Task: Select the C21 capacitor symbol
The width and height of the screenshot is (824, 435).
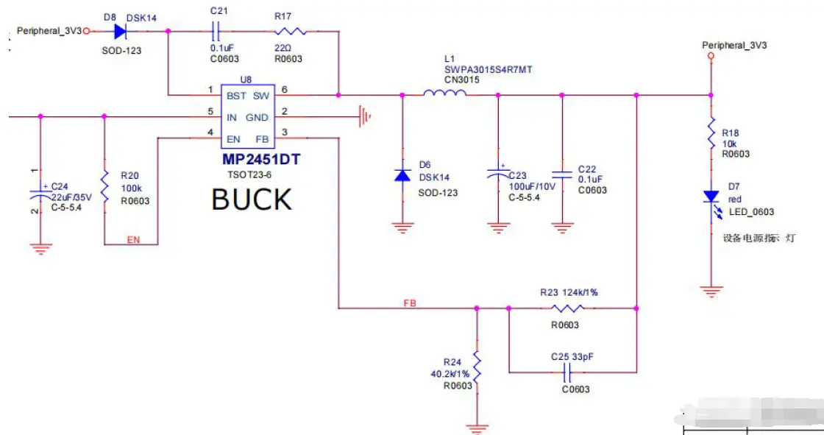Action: pos(216,31)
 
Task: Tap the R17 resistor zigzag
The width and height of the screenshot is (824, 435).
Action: pos(289,31)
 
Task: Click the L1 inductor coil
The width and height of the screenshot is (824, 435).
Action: pos(444,93)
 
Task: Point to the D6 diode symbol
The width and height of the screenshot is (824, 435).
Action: pos(402,175)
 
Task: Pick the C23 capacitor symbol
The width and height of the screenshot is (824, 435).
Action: pos(498,175)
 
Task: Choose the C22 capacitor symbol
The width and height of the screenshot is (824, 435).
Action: pos(562,175)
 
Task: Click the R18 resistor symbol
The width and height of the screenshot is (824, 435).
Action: pos(711,133)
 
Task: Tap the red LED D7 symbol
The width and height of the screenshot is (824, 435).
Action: pos(711,197)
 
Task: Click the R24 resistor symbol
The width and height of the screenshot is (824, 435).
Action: pos(477,367)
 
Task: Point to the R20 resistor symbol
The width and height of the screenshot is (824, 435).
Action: pos(104,187)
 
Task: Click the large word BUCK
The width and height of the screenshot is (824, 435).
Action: pos(252,199)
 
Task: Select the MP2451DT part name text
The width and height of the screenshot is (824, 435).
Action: pos(262,159)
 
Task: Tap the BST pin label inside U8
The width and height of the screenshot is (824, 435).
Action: pos(237,96)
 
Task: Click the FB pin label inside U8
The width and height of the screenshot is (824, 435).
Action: pos(262,139)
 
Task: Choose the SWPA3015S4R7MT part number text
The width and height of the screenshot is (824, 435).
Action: pos(488,69)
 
